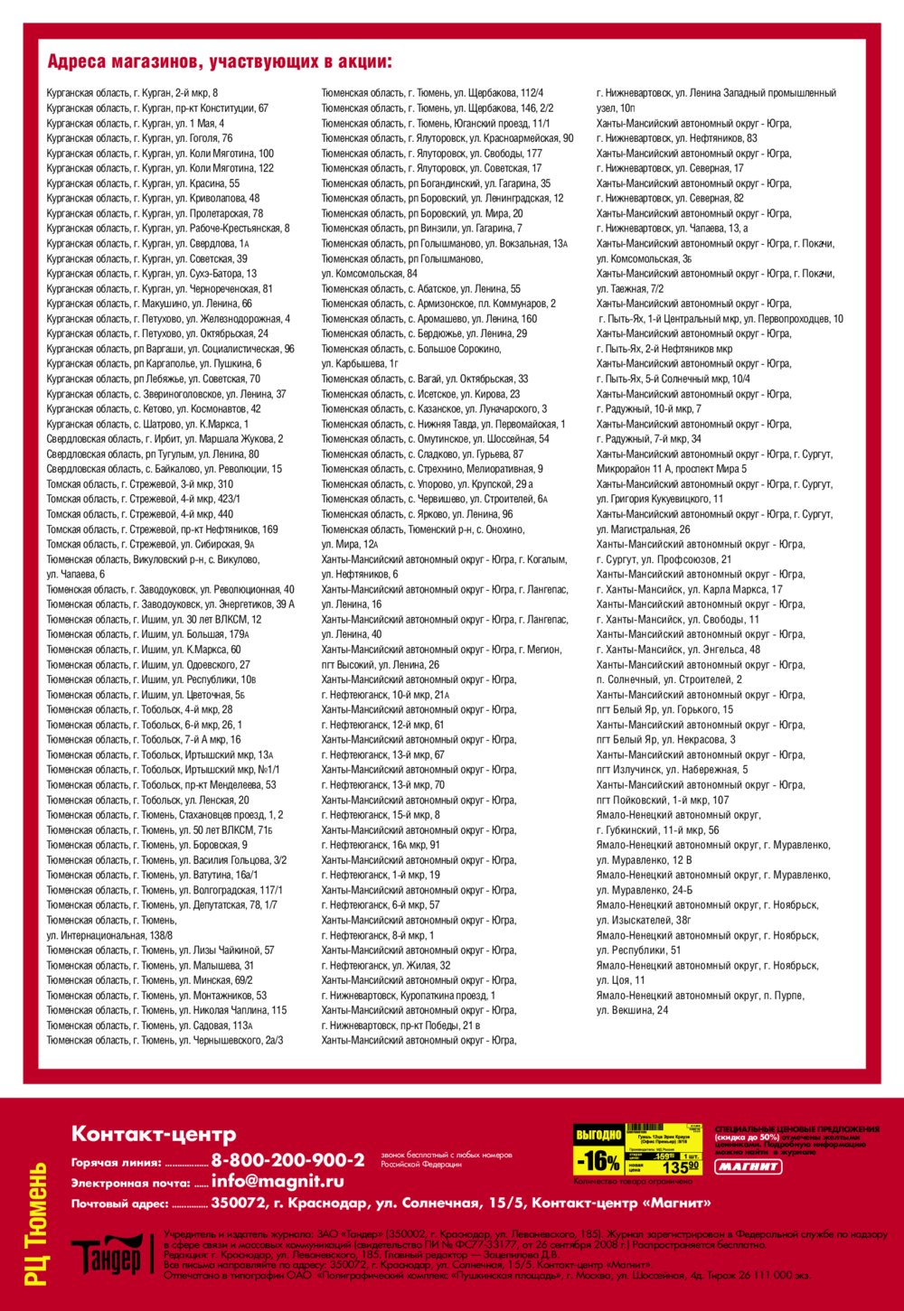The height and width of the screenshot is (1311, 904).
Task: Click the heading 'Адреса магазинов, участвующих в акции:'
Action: coord(220,62)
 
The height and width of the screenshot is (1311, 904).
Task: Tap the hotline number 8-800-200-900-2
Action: coord(287,1160)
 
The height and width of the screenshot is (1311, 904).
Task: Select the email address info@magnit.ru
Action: coord(278,1181)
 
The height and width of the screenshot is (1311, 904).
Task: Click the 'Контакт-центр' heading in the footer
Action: coord(154,1134)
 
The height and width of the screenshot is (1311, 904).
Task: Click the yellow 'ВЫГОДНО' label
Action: coord(598,1135)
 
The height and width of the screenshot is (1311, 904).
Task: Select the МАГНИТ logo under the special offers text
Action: coord(749,1166)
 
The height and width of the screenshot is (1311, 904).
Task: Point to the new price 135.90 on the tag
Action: coord(680,1167)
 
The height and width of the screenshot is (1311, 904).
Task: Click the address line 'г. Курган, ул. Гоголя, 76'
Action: coord(139,138)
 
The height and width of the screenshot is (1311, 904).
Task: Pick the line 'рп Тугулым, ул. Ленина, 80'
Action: coord(153,454)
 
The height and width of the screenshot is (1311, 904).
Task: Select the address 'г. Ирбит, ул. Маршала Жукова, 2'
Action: coord(165,439)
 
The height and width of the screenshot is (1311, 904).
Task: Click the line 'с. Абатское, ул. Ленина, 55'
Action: coord(421,289)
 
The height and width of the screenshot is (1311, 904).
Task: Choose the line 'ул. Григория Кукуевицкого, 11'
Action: coord(660,499)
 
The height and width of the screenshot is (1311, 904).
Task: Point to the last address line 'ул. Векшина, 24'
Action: coord(632,1010)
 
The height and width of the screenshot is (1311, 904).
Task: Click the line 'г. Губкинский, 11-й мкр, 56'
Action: coord(658,830)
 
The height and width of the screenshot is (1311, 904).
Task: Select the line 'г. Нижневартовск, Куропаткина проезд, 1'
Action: coord(409,996)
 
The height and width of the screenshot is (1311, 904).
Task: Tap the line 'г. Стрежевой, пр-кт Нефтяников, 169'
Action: coord(163,529)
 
